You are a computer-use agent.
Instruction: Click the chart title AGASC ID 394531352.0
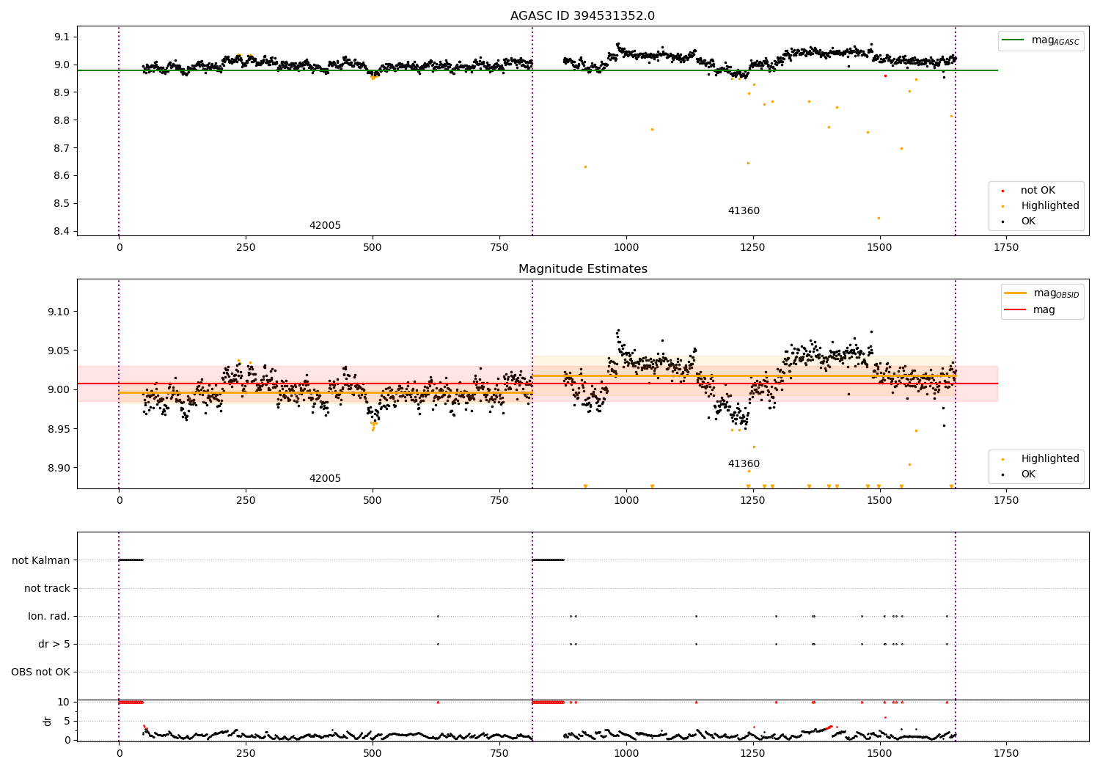tap(582, 15)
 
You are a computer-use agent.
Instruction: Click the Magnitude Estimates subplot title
tap(583, 268)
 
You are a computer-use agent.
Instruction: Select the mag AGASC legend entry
tap(1041, 40)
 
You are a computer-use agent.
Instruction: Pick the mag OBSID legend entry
tap(1041, 293)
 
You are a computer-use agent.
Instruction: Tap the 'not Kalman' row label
tap(41, 560)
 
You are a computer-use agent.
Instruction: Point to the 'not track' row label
tap(47, 588)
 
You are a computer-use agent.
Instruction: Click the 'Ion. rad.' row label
tap(48, 616)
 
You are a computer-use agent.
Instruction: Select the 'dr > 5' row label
tap(54, 645)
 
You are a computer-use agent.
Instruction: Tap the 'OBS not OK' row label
tap(40, 672)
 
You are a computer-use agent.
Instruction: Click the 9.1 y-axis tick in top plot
tap(62, 37)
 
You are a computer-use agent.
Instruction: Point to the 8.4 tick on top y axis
tap(62, 231)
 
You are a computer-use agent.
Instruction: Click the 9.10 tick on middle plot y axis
tap(59, 312)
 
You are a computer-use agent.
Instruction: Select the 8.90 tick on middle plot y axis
tap(59, 468)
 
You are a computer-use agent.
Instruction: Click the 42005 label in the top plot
tap(325, 225)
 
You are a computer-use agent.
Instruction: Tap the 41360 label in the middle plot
tap(744, 463)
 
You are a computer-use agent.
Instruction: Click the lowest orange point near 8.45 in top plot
tap(879, 218)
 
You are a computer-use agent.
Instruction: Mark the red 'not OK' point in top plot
tap(885, 76)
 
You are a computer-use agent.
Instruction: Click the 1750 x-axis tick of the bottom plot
tap(1005, 753)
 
